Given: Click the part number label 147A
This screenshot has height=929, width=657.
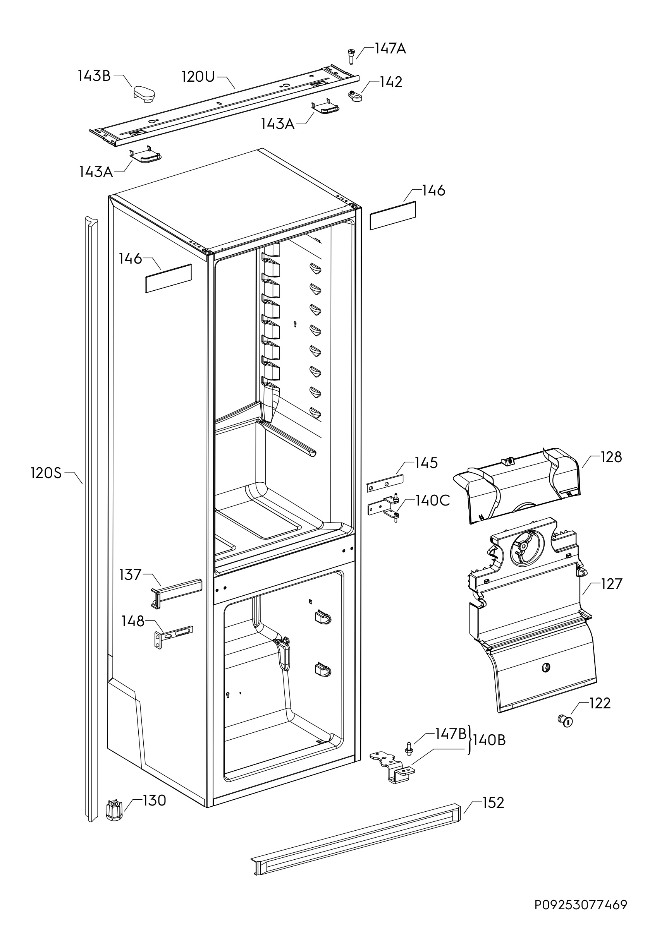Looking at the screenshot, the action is pyautogui.click(x=390, y=48).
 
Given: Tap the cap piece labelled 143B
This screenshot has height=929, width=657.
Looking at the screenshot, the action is pyautogui.click(x=144, y=93).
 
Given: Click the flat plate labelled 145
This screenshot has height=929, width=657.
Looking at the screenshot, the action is pyautogui.click(x=385, y=483).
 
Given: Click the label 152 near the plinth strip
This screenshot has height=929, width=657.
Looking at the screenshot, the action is pyautogui.click(x=493, y=803).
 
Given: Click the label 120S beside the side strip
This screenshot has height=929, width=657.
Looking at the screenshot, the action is pyautogui.click(x=46, y=473).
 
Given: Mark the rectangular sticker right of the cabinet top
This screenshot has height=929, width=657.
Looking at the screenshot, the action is pyautogui.click(x=393, y=215).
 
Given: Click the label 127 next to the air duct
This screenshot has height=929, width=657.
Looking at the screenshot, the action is pyautogui.click(x=611, y=584).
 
